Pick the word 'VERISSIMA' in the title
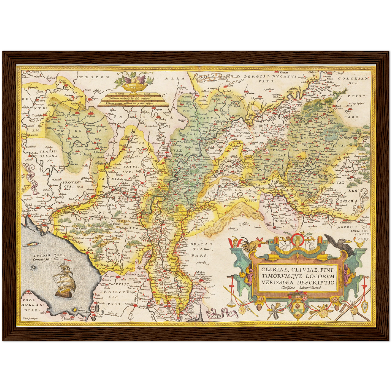tap(275, 282)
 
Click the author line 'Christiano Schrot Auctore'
tap(301, 288)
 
